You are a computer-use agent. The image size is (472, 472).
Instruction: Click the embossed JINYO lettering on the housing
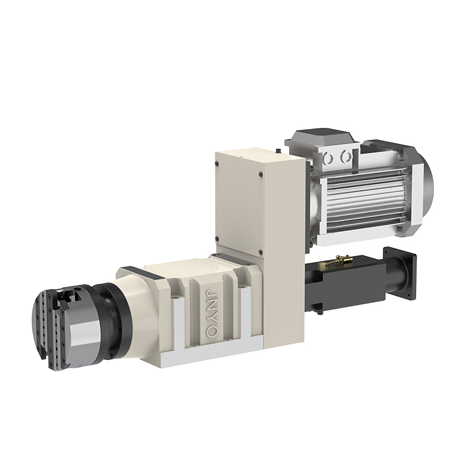[x=211, y=313]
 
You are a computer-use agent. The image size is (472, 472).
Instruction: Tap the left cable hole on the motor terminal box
[x=328, y=158]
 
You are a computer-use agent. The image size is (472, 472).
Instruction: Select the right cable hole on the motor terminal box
[x=346, y=156]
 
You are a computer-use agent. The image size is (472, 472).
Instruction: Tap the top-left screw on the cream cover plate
[x=217, y=163]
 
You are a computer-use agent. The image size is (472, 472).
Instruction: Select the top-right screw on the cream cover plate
[x=261, y=174]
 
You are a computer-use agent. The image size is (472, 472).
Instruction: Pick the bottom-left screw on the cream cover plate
[x=217, y=239]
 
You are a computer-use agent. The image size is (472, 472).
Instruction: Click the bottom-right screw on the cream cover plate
[x=260, y=252]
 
